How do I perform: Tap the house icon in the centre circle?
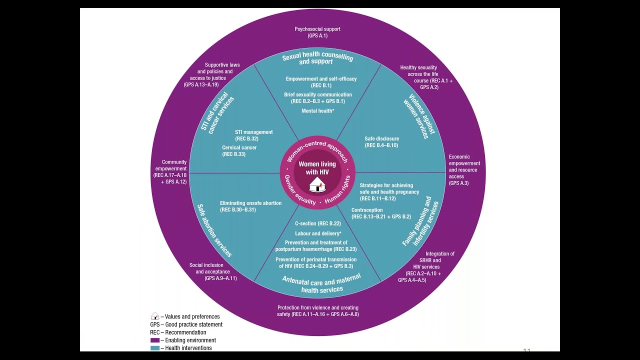coord(317,186)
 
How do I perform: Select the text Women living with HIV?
coord(317,168)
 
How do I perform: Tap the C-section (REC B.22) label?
coord(317,223)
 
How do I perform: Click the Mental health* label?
coord(317,110)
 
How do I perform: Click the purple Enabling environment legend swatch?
coord(155,340)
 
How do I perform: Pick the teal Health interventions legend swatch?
coord(155,348)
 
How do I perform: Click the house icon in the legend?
coord(155,316)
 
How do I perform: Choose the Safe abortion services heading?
coord(214,230)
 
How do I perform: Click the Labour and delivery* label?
coord(317,233)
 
